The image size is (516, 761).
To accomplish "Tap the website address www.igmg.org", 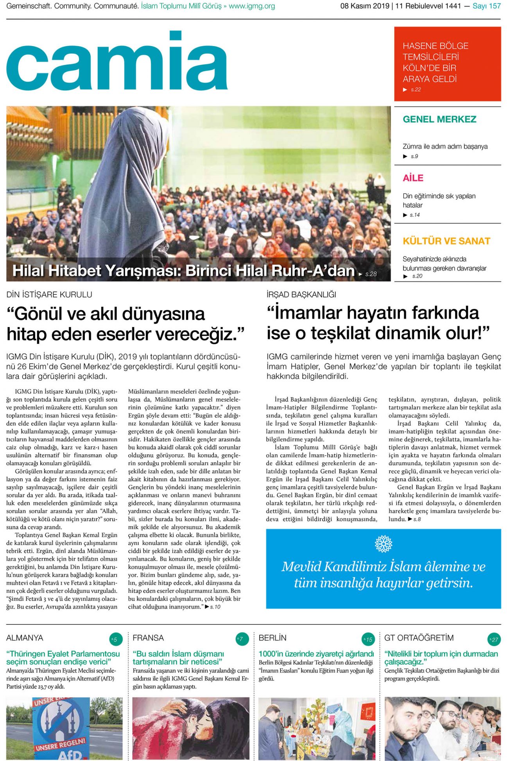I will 252,6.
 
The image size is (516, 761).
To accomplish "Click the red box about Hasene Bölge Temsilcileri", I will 447,64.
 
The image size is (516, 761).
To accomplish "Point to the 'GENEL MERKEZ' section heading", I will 439,119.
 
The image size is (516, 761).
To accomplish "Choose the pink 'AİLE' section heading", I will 413,178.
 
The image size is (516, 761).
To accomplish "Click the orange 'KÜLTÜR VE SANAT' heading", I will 446,241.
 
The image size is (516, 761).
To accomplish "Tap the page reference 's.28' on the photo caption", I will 371,274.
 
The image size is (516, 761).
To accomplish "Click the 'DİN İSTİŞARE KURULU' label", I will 49,295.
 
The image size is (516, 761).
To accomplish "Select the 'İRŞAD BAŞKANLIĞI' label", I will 301,295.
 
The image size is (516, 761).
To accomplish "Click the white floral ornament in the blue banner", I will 383,544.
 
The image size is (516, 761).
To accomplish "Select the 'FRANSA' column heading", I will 148,638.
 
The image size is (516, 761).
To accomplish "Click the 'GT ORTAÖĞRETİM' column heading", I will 419,638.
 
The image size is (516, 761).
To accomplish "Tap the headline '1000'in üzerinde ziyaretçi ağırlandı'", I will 316,654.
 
